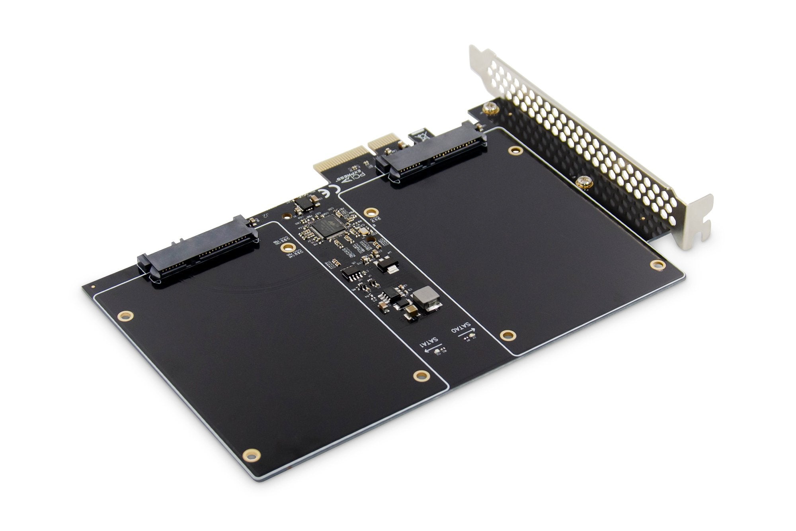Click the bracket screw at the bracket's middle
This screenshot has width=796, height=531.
click(x=581, y=182)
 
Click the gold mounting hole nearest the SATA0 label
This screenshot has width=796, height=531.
click(x=505, y=335)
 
